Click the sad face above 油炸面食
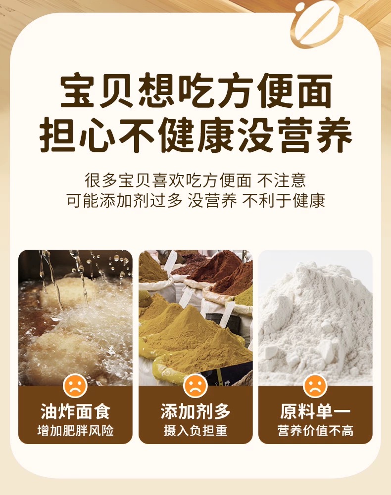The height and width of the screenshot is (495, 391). click(x=75, y=386)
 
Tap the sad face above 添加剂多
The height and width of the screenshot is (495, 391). click(x=195, y=386)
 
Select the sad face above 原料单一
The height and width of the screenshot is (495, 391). click(x=315, y=386)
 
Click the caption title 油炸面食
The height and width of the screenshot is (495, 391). click(x=75, y=411)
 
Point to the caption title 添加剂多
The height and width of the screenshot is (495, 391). click(x=195, y=411)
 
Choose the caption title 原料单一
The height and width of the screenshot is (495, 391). click(x=315, y=411)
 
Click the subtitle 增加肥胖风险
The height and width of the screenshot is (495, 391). click(x=75, y=431)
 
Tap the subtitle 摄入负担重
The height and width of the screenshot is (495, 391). click(x=195, y=431)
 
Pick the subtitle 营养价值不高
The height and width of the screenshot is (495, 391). click(x=315, y=431)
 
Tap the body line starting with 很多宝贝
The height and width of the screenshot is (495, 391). click(x=195, y=180)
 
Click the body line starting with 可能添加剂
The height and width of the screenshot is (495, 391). click(x=195, y=200)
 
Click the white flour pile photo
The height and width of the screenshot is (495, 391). click(x=315, y=317)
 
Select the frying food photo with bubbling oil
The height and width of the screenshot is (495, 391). click(x=75, y=317)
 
